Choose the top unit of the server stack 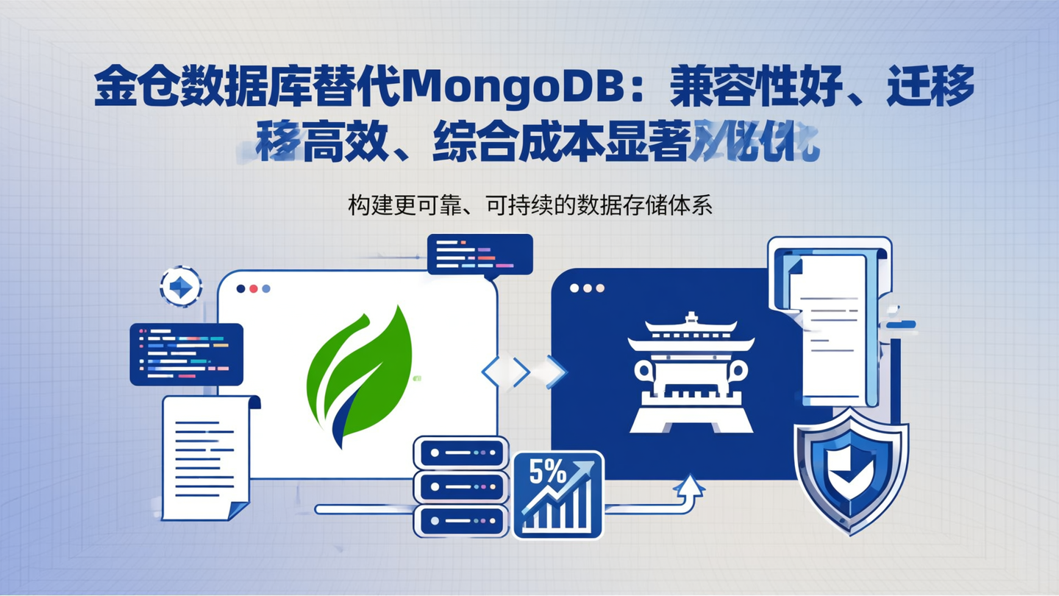[460, 453]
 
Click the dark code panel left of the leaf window [186, 354]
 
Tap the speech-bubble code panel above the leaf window [479, 255]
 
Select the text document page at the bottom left [205, 457]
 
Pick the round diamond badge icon [181, 286]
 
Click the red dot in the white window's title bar [254, 289]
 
